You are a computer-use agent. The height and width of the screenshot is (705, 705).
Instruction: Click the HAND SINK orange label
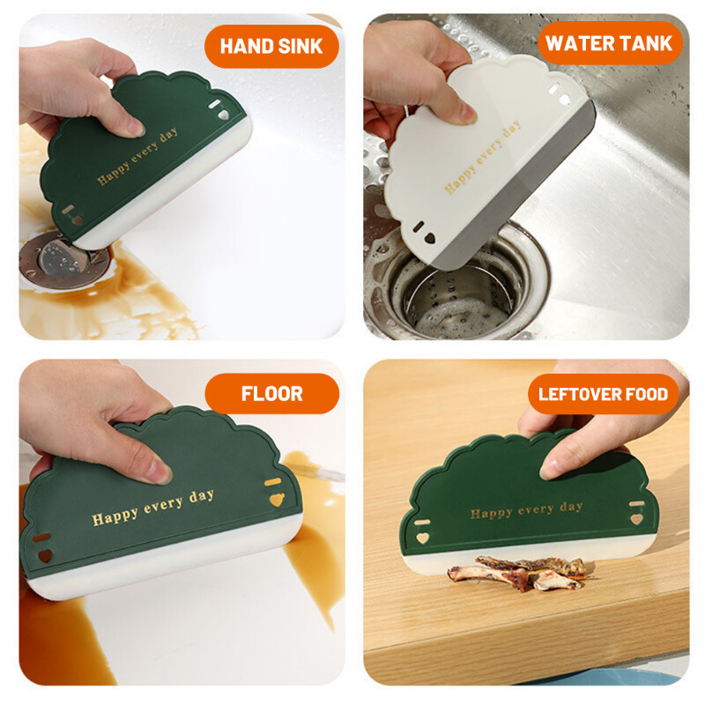[271, 46]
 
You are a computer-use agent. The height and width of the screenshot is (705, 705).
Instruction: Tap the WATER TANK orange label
[610, 43]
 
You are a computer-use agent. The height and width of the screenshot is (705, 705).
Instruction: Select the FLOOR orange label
[272, 393]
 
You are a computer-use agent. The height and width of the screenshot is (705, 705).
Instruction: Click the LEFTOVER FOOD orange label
[603, 394]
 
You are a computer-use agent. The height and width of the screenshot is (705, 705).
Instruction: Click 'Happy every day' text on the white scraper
[482, 158]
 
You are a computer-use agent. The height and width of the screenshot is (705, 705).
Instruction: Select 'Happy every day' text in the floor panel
[152, 508]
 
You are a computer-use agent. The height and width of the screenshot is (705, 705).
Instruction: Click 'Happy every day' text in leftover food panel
[526, 510]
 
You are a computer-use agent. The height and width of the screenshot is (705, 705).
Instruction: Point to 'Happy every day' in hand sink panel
[137, 156]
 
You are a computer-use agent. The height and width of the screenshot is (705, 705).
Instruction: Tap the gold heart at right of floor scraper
[277, 500]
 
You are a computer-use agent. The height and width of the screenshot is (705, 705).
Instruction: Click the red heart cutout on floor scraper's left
[46, 555]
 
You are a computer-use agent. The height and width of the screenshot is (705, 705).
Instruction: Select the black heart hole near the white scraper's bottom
[430, 238]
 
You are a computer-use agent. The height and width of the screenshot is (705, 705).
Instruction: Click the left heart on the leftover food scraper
[421, 538]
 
